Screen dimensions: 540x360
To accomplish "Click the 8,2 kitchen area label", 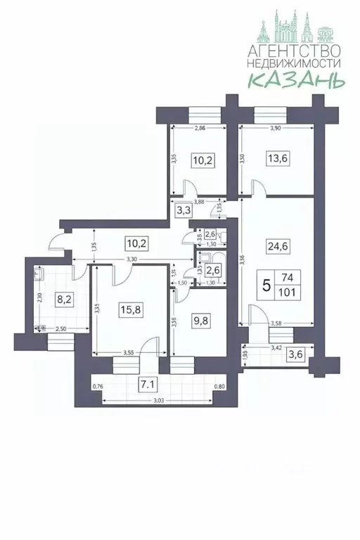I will coord(63,298).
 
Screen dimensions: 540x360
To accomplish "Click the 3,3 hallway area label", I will coord(184,210).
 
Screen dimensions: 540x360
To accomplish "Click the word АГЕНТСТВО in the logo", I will coord(295,51).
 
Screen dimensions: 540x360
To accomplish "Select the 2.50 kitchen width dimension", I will coord(62,330).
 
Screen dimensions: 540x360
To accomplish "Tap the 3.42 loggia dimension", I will coord(279,347).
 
